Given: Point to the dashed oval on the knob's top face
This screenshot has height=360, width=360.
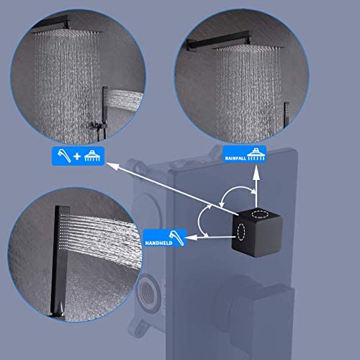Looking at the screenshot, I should coord(258,214).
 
